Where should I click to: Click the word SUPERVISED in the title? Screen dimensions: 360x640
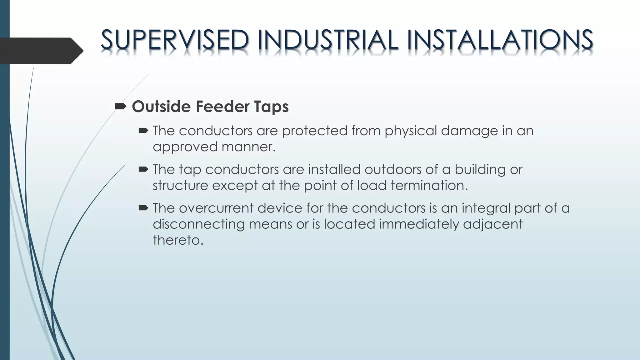tap(175, 40)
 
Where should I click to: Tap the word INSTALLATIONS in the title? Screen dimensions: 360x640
tap(500, 40)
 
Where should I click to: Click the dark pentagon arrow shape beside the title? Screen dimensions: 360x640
tap(41, 51)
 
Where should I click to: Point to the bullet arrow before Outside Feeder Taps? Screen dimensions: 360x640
tap(120, 107)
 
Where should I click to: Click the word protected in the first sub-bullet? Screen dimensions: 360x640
tap(314, 131)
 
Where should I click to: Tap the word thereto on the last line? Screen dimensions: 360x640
tap(178, 240)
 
